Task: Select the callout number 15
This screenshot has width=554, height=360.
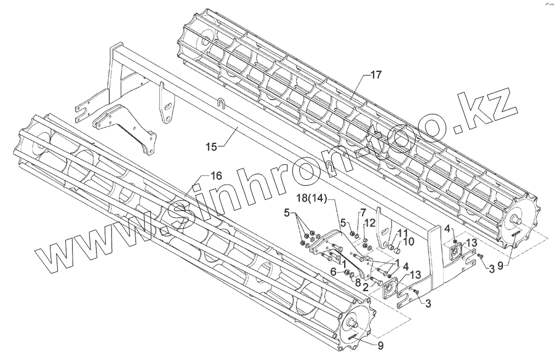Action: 211,146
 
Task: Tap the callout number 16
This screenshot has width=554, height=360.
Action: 215,176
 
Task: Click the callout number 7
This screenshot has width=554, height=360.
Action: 363,213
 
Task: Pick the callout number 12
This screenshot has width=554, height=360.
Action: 370,222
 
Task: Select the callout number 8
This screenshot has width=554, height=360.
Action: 358,282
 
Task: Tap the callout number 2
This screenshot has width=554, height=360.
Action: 365,287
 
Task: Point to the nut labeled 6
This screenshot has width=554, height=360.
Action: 347,273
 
